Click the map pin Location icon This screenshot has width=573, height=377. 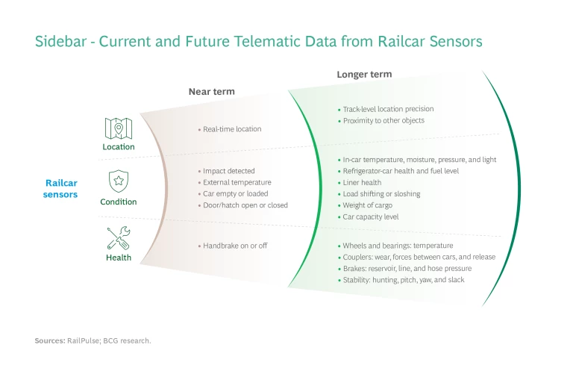coord(119,128)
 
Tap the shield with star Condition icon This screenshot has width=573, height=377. coord(118,181)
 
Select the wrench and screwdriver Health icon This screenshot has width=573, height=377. coord(118,238)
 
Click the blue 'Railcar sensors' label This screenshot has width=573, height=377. coord(61,189)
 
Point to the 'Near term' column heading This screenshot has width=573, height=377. coord(211,92)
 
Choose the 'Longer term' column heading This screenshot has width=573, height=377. coord(364,75)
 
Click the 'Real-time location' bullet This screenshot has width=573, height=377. coord(232,129)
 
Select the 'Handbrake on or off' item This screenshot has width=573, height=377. coord(235,246)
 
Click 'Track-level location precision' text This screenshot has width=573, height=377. coord(387,109)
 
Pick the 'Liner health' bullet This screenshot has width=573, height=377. coord(362,182)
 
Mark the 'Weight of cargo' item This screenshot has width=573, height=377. coord(367,205)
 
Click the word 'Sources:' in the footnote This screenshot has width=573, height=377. coord(50,340)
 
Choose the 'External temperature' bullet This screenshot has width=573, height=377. coord(237,182)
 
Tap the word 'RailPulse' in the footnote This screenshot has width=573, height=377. coord(83,340)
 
